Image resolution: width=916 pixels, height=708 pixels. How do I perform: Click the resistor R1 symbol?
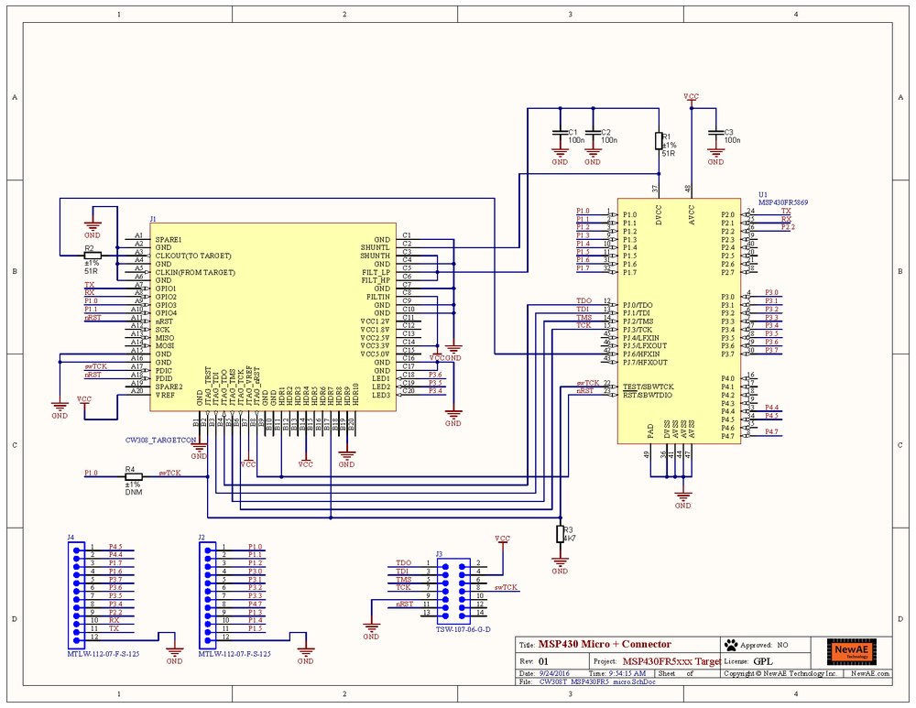click(x=659, y=140)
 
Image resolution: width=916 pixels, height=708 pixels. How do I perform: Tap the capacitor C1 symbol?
click(x=560, y=136)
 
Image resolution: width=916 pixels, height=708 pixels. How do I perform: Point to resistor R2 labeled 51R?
click(x=93, y=256)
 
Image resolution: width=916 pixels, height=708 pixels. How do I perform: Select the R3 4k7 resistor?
click(x=561, y=535)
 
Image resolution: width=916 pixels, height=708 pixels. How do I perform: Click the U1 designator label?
click(x=763, y=194)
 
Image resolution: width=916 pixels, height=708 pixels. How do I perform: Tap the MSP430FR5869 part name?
click(x=782, y=202)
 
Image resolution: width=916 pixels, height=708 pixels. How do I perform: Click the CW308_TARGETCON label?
click(x=161, y=440)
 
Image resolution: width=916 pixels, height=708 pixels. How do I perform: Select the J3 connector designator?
click(x=439, y=554)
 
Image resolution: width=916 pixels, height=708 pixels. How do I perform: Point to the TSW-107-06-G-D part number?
click(x=463, y=628)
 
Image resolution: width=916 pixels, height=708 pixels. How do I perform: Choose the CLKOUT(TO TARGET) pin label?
click(x=194, y=256)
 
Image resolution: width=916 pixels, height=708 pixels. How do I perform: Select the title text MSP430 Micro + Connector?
click(x=605, y=644)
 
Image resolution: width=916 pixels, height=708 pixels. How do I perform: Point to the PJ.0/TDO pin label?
click(x=638, y=305)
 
